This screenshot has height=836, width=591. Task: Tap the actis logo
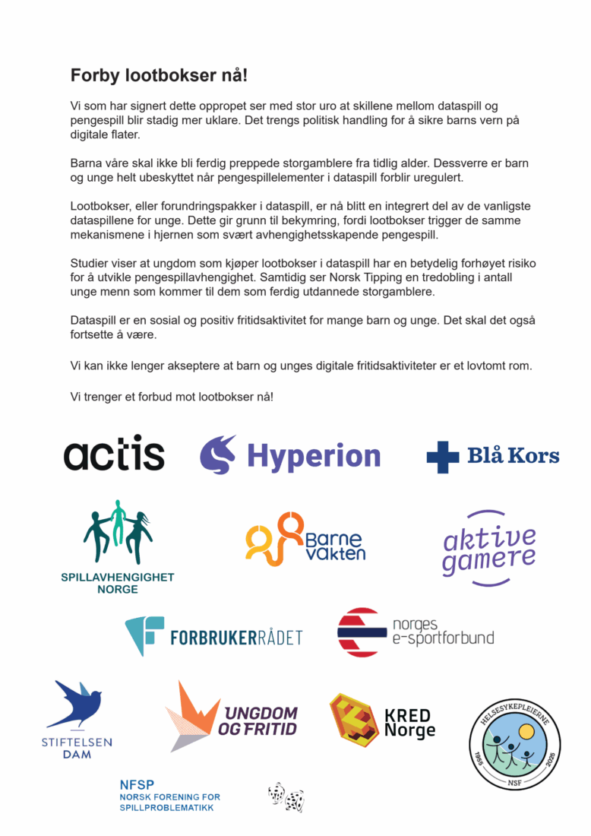114,455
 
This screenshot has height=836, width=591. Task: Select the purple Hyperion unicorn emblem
218,455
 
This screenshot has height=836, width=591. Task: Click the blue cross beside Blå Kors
443,457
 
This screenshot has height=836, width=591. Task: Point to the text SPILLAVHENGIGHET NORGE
118,583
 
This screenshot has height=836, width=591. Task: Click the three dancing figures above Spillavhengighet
118,532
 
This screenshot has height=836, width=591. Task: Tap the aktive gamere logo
489,548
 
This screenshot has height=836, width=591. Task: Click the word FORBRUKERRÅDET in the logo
236,637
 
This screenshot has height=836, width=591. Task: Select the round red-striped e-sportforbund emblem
362,632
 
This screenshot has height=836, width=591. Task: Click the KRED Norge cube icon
353,717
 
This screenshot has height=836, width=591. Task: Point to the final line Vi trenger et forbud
172,397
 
